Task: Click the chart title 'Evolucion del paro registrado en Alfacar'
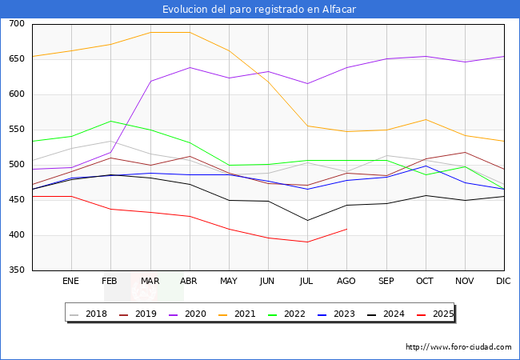259,10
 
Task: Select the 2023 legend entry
341,314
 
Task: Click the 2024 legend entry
390,314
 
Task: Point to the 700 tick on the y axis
16,24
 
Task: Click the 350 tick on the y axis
16,270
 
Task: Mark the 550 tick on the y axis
16,130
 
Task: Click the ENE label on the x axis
71,282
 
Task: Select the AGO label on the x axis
346,282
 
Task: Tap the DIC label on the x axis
503,282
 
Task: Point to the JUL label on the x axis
307,282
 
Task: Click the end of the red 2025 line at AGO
346,229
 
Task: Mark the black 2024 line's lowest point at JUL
307,220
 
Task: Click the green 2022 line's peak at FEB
110,121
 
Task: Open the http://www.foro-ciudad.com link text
458,347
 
